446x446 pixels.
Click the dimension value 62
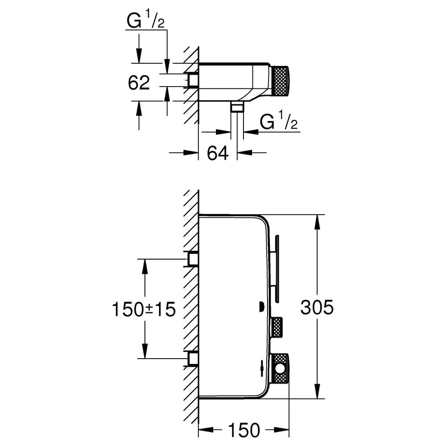(x=139, y=83)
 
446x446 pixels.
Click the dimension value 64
(x=218, y=153)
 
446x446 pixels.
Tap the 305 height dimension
(x=317, y=307)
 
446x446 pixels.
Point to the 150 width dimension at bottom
(x=244, y=430)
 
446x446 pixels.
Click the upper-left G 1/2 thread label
(x=146, y=19)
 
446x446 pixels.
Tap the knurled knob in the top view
(x=280, y=81)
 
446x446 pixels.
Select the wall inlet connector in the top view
(x=193, y=80)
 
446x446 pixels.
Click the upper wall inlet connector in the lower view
(x=193, y=259)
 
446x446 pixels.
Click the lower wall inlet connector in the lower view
(x=193, y=359)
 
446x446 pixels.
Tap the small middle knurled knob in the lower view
(x=276, y=327)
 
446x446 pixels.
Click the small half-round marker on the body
(x=261, y=307)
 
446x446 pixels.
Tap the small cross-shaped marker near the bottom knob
(x=261, y=368)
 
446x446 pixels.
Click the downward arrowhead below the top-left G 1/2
(x=139, y=55)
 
